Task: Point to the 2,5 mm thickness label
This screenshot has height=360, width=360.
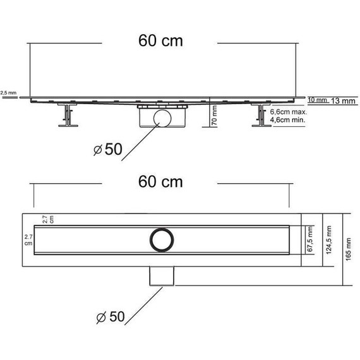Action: point(8,92)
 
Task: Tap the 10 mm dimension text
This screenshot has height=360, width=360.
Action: point(316,100)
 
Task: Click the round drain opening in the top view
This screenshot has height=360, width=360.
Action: point(160,238)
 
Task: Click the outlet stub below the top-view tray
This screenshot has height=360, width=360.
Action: point(160,276)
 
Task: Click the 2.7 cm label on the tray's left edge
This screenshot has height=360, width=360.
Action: point(28,239)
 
